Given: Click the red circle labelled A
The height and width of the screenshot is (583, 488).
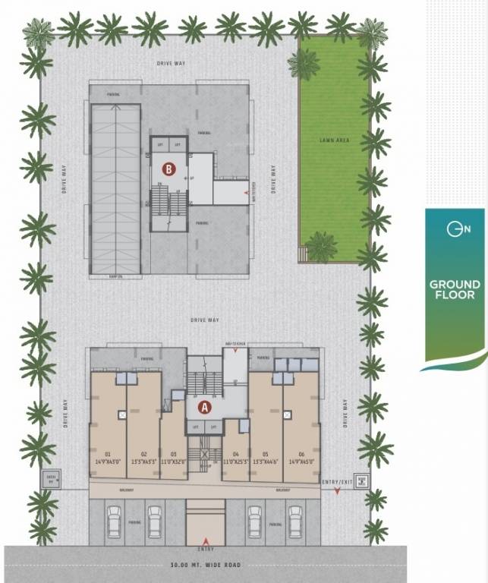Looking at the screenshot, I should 204,406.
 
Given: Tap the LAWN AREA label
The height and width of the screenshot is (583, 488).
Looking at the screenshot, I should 333,140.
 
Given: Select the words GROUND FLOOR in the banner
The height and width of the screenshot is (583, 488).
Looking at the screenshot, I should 454,289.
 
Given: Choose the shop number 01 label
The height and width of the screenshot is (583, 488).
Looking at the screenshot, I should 109,453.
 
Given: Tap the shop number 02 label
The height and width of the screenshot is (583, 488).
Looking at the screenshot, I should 143,453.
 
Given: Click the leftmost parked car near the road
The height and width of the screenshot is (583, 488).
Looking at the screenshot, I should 114,523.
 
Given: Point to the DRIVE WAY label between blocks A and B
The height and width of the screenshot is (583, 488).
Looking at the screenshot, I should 205,320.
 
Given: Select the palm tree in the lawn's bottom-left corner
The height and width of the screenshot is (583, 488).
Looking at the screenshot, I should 321,247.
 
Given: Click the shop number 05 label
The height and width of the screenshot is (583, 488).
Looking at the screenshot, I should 266,453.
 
